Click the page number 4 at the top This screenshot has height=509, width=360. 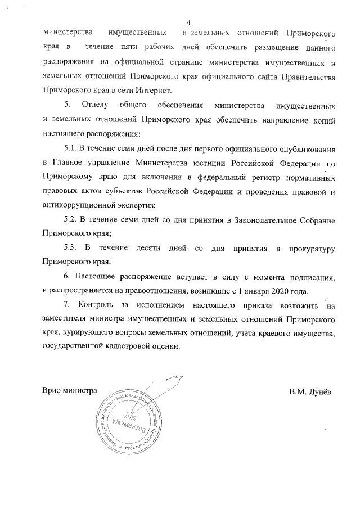click(x=188, y=22)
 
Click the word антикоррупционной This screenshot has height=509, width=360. click(x=80, y=204)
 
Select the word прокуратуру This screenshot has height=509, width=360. click(x=312, y=247)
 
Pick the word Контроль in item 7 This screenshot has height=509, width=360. click(x=98, y=305)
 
